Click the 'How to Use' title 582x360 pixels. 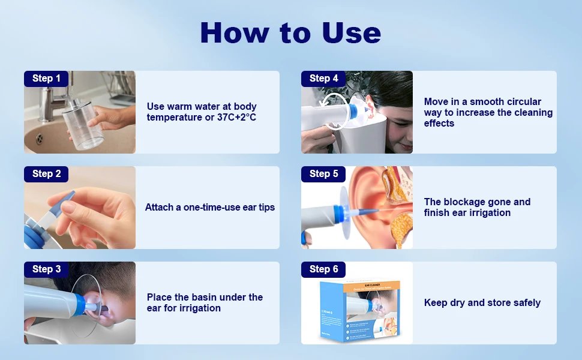[x=290, y=32]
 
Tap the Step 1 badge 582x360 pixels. [x=46, y=79]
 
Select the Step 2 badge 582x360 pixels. [x=46, y=174]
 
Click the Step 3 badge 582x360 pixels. [x=46, y=269]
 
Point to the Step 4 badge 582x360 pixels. [x=323, y=79]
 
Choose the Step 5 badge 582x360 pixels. [x=323, y=174]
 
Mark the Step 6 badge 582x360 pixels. [x=323, y=269]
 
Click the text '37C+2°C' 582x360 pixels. [x=236, y=118]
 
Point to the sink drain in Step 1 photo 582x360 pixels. [x=39, y=139]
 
